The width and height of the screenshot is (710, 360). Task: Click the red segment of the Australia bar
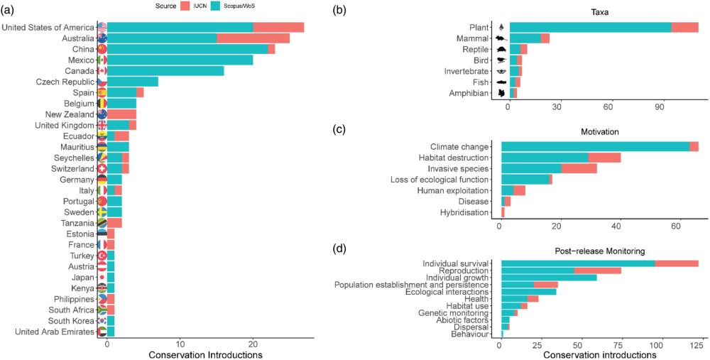pyautogui.click(x=253, y=38)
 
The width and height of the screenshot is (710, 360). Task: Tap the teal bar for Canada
pyautogui.click(x=165, y=70)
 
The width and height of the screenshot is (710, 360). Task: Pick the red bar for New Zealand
pyautogui.click(x=121, y=114)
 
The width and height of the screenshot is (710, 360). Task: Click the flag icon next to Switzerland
pyautogui.click(x=102, y=168)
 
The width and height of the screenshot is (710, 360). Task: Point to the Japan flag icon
pyautogui.click(x=102, y=277)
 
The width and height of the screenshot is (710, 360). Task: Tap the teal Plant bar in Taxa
pyautogui.click(x=590, y=27)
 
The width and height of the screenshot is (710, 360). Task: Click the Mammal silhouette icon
pyautogui.click(x=501, y=38)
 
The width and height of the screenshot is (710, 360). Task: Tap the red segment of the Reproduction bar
pyautogui.click(x=597, y=271)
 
